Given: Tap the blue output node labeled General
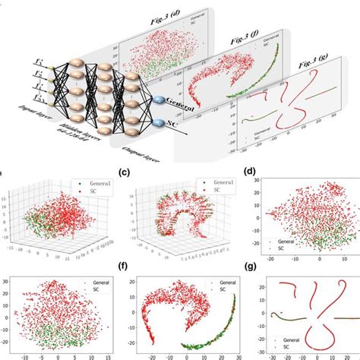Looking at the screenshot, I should (x=160, y=101).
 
